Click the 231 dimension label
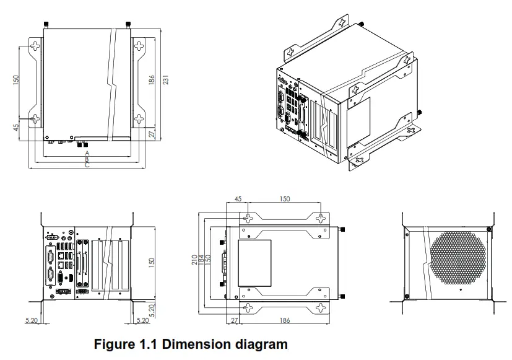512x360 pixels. click(166, 81)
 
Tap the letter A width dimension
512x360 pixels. click(87, 152)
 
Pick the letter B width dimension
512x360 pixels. click(87, 159)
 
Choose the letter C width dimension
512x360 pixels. click(87, 165)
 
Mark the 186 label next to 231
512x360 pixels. click(152, 81)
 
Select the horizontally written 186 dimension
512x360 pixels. click(284, 320)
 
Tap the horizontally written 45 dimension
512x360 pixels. click(238, 199)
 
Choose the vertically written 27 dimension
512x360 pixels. click(152, 134)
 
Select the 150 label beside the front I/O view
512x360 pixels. click(152, 261)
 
